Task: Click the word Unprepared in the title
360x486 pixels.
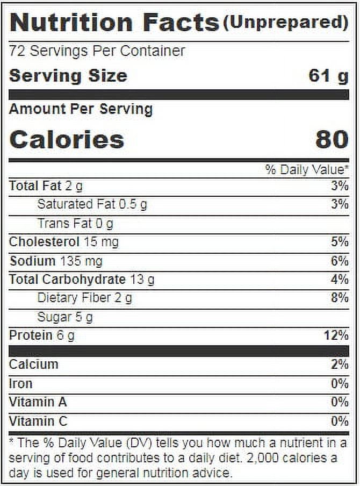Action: [x=285, y=23]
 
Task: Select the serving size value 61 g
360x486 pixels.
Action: [x=328, y=76]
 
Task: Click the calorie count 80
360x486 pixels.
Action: [x=332, y=139]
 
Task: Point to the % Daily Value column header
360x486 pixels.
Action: [x=307, y=169]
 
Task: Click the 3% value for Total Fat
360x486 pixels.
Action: [x=340, y=186]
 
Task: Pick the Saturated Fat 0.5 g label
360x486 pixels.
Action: [x=92, y=205]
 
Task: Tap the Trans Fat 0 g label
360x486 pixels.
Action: [x=75, y=224]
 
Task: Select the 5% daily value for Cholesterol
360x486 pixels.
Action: [x=340, y=242]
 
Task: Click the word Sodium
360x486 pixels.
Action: [x=32, y=261]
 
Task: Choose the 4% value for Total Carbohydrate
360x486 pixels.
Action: [x=340, y=279]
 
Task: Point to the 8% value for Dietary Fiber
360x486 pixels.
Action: [x=340, y=298]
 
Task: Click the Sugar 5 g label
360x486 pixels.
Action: [x=65, y=317]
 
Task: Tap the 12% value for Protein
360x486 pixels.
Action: [x=336, y=335]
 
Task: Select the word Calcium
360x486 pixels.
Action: [x=34, y=364]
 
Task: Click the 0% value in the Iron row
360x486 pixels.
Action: [x=340, y=384]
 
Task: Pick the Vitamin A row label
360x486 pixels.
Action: [x=38, y=402]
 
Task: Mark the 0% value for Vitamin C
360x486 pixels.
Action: [x=340, y=421]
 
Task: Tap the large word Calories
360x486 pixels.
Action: [x=67, y=139]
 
